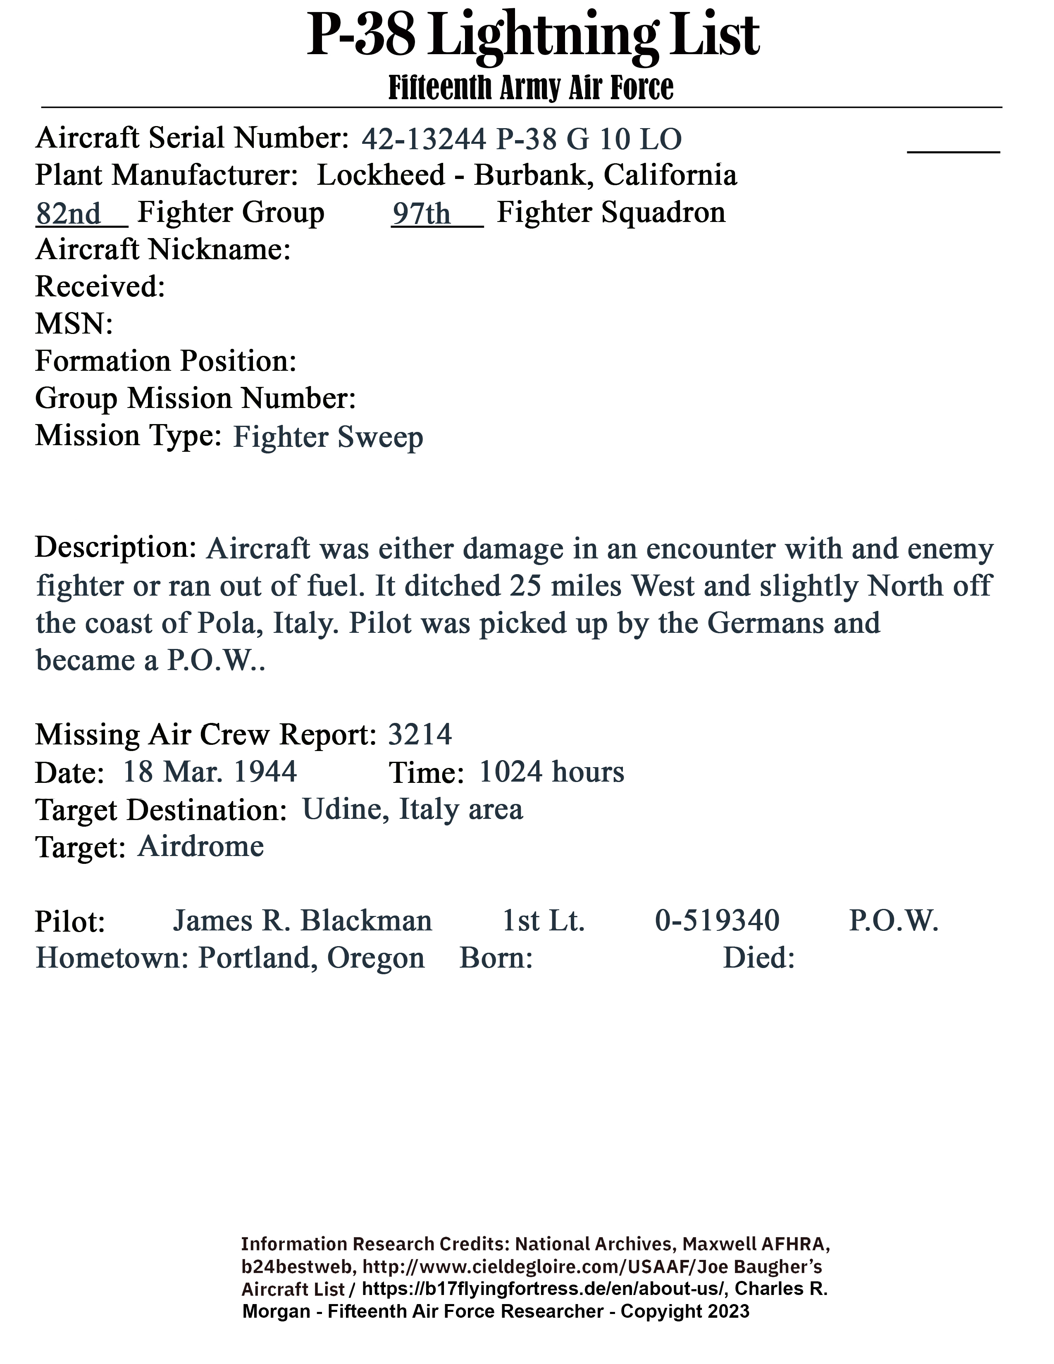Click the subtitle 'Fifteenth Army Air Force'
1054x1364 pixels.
pos(531,88)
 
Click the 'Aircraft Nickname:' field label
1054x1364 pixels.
pos(163,250)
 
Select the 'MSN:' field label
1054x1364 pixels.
pos(74,324)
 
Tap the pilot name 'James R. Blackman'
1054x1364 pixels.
pos(302,920)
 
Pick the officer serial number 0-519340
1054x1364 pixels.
pos(717,920)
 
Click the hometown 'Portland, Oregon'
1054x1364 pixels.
pos(311,957)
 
